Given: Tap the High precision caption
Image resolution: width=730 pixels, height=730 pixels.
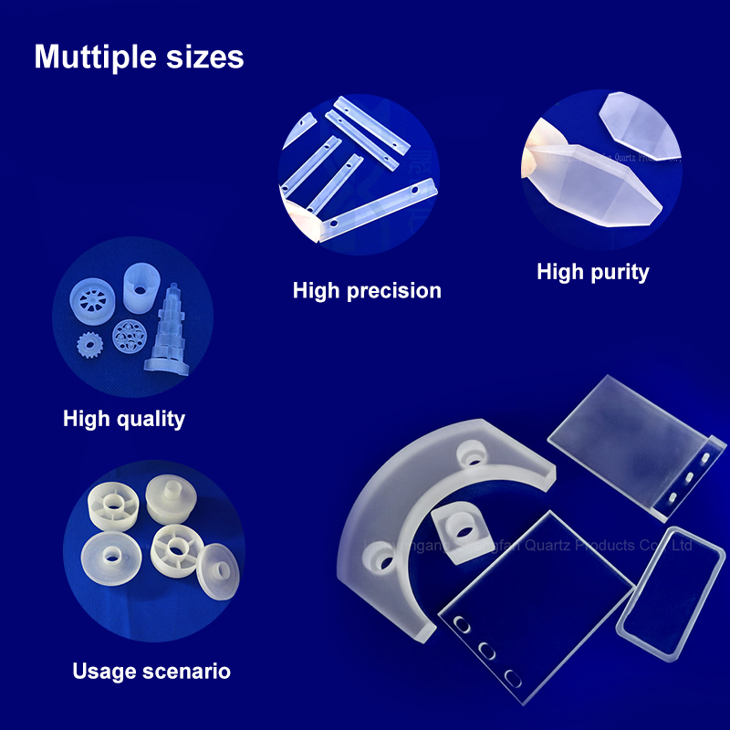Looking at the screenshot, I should click(367, 291).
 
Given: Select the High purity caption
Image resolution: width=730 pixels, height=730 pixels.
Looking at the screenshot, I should click(593, 271).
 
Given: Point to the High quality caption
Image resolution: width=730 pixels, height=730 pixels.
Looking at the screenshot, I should click(124, 419).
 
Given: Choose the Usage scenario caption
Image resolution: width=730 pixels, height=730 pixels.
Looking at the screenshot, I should click(151, 672).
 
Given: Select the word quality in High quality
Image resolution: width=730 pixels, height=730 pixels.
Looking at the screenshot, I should click(150, 419).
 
